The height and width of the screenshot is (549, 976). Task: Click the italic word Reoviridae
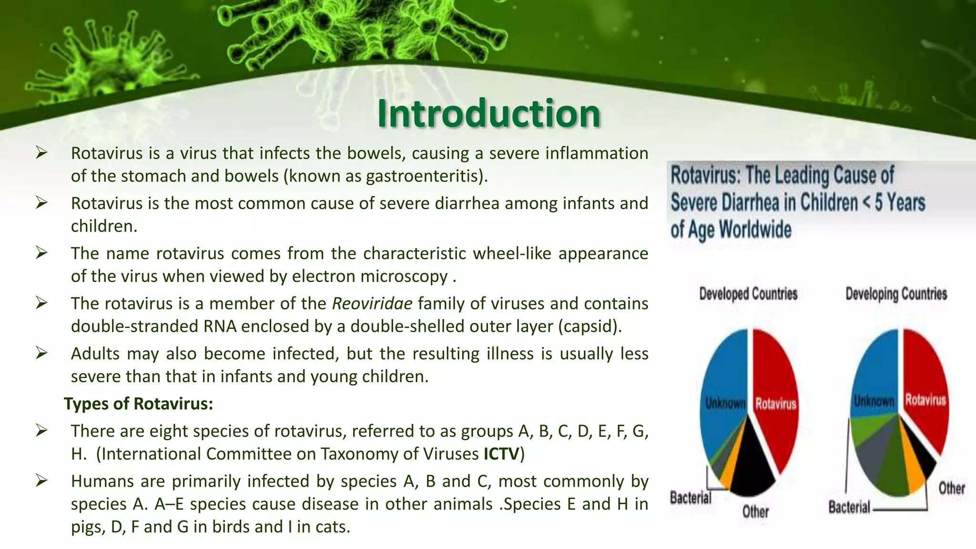[372, 304]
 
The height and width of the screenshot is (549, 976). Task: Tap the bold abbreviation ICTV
[501, 454]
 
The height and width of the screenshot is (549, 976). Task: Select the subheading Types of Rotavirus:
[138, 404]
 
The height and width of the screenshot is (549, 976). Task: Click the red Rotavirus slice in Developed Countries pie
[774, 381]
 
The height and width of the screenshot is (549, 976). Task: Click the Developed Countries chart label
[748, 294]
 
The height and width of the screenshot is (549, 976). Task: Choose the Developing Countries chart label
[896, 294]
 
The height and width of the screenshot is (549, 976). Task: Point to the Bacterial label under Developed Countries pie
[691, 498]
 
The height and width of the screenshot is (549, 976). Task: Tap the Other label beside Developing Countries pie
[951, 488]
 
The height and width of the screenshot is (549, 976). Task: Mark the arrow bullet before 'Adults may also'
[41, 354]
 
